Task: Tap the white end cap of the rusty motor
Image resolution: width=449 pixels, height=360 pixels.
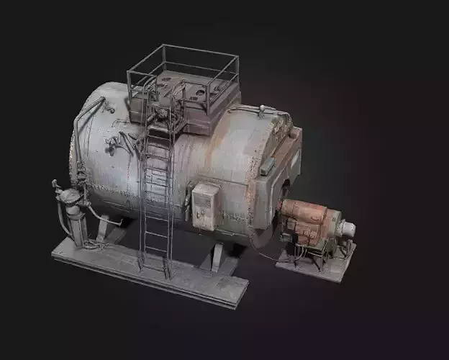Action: coord(346,229)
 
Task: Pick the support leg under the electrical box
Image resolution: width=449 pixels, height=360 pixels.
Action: coord(216,255)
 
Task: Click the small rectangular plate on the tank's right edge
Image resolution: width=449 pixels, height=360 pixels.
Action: coord(268,165)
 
